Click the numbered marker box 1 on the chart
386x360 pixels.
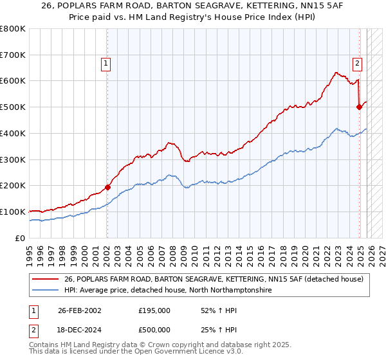pos(106,63)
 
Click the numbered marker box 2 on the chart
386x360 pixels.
pos(357,63)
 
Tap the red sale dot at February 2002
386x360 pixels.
pos(107,187)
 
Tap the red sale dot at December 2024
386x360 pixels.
pos(359,107)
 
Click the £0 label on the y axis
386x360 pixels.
pos(19,238)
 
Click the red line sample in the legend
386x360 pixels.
pos(46,279)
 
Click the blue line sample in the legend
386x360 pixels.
pos(46,291)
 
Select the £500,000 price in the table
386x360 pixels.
pos(154,330)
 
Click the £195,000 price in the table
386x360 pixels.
pos(154,310)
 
